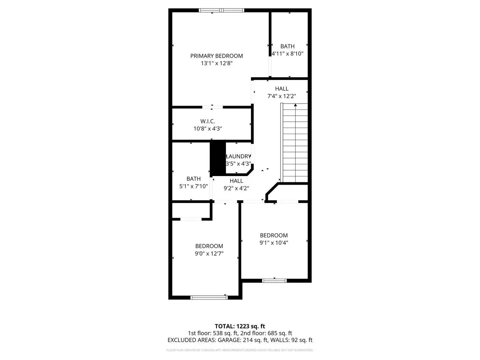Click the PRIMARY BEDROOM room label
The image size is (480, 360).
point(216,56)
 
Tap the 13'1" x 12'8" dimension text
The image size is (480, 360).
point(216,63)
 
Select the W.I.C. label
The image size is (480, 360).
point(208,121)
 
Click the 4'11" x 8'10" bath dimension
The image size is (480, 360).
point(287,53)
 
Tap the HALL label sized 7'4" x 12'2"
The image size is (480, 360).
point(282,89)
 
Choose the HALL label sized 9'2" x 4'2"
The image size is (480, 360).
point(236,181)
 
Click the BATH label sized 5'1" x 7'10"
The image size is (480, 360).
point(194,179)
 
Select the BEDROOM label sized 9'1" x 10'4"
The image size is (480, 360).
point(274,235)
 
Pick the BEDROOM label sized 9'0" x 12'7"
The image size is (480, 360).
point(209,246)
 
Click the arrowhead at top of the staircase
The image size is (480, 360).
point(295,105)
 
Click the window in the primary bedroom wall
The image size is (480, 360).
point(222,10)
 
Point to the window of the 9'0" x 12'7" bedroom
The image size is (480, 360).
point(209,297)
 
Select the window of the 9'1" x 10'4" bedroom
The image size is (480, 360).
point(274,281)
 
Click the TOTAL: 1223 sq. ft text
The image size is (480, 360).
point(240,326)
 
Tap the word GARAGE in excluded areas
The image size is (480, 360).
point(229,340)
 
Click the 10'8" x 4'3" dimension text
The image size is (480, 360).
point(208,129)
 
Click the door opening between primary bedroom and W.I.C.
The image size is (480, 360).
point(213,107)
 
